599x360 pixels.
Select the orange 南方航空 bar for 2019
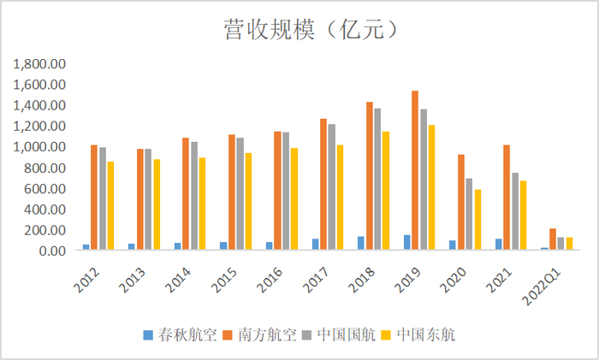point(414,171)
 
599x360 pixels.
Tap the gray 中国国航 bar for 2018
point(377,180)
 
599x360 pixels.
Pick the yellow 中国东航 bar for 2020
point(477,221)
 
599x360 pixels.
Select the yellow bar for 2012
point(110,206)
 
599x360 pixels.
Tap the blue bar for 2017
point(315,245)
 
